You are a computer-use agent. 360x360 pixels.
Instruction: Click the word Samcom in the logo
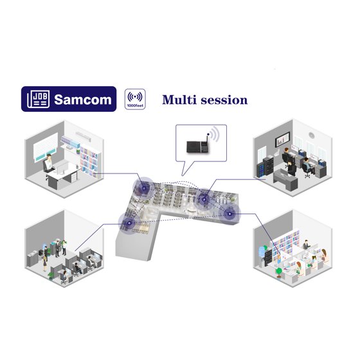83,100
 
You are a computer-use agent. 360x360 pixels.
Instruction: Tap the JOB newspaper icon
39,99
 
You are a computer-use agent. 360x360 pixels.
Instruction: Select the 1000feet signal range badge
135,99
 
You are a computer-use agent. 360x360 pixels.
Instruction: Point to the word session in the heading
224,100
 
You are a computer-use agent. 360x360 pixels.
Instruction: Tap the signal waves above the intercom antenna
215,134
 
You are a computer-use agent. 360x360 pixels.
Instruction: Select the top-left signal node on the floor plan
144,188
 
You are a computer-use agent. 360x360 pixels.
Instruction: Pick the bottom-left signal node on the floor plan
129,222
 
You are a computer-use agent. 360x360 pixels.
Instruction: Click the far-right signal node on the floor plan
230,213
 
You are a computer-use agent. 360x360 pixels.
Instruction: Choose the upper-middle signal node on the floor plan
204,199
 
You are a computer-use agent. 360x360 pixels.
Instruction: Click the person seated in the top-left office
48,163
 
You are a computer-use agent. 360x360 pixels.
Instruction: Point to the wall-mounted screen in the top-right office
283,139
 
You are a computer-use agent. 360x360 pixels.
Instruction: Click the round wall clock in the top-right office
312,136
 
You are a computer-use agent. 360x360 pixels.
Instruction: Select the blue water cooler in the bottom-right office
262,252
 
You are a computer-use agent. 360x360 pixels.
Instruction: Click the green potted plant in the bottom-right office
279,273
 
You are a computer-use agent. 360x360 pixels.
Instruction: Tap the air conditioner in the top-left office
84,136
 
